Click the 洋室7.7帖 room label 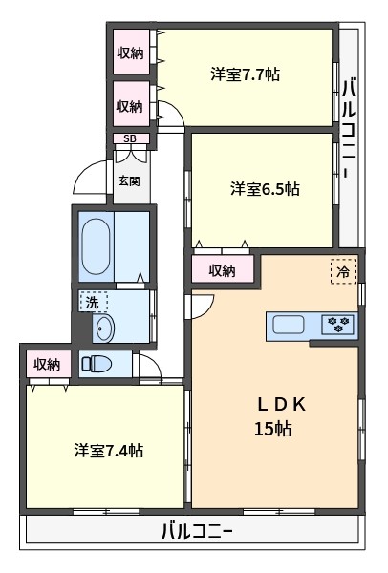point(245,74)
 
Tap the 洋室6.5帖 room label point(265,189)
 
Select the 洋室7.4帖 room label point(109,450)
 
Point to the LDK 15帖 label point(280,415)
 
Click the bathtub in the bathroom point(96,246)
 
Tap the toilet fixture point(97,364)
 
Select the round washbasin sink point(104,329)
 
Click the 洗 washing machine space point(93,302)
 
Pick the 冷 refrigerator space point(343,271)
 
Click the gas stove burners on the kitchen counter point(337,324)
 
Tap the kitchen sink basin point(289,325)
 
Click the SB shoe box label point(130,138)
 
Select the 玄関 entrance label point(129,180)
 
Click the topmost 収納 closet point(131,52)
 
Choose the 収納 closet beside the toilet point(48,365)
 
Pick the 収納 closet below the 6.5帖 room point(222,269)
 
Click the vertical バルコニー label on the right point(349,127)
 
